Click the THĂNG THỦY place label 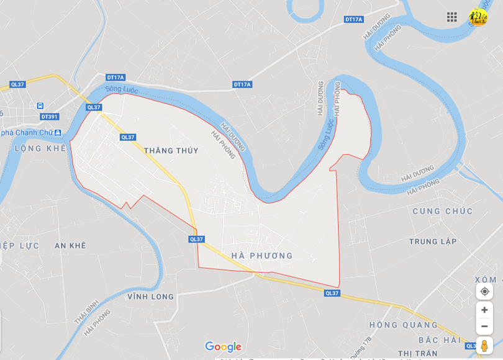[x=171, y=151]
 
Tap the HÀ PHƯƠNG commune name [x=261, y=256]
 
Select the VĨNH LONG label [x=150, y=297]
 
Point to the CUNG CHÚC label [x=443, y=212]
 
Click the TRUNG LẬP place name [x=433, y=241]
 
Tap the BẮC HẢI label [x=439, y=340]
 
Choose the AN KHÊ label [x=70, y=246]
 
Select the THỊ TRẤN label [x=418, y=353]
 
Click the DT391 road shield [x=49, y=117]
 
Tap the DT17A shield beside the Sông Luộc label [x=116, y=78]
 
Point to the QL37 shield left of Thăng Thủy [x=128, y=137]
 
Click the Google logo [x=223, y=347]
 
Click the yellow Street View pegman [x=484, y=346]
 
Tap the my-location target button [x=484, y=291]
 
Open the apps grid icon [x=452, y=17]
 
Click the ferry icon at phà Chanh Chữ [x=58, y=132]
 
